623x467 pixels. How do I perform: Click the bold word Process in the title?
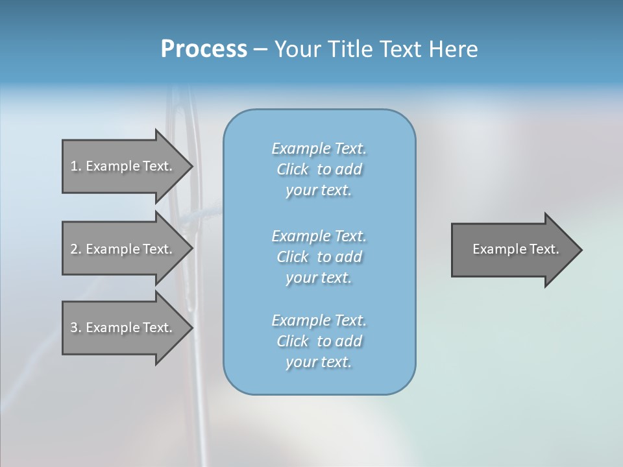pyautogui.click(x=204, y=49)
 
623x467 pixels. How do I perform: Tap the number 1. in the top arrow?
pyautogui.click(x=76, y=166)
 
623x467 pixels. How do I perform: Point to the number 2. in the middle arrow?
pyautogui.click(x=76, y=249)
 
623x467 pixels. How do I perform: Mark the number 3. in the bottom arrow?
pyautogui.click(x=76, y=328)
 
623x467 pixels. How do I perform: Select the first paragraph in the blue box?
pyautogui.click(x=319, y=169)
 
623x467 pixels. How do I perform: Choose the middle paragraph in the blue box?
pyautogui.click(x=319, y=256)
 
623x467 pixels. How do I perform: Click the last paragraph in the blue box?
pyautogui.click(x=319, y=341)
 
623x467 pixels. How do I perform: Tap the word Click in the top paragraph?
pyautogui.click(x=293, y=169)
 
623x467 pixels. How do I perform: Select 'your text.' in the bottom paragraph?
pyautogui.click(x=319, y=362)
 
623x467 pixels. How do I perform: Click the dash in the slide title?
pyautogui.click(x=260, y=50)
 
